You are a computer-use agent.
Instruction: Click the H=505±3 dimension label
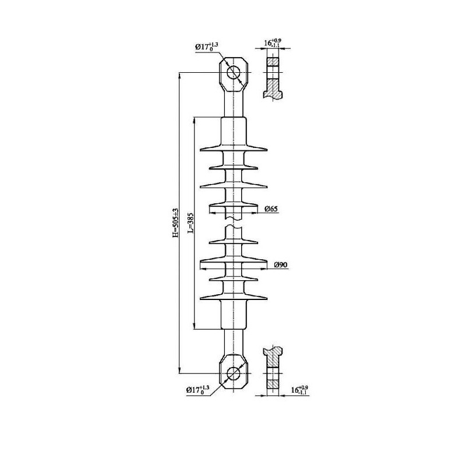point(176,223)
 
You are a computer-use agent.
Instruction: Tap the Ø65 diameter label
point(271,209)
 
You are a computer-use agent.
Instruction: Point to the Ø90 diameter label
point(281,264)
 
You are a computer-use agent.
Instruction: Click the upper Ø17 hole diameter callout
point(207,47)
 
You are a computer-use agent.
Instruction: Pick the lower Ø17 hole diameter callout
point(197,390)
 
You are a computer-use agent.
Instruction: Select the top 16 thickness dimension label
point(272,43)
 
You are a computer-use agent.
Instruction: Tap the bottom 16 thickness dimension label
point(299,390)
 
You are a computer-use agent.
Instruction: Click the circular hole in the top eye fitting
point(234,72)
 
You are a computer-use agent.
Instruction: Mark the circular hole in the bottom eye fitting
point(234,373)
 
